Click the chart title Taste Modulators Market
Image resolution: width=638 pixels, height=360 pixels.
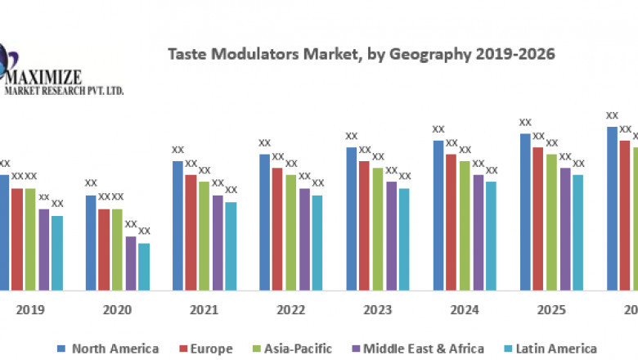[x=361, y=55]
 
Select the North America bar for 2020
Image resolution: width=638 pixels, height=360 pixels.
[x=92, y=242]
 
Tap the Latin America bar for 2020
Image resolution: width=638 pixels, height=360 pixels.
[x=144, y=266]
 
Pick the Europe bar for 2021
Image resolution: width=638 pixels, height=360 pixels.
[x=191, y=232]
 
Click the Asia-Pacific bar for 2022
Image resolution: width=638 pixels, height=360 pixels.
[x=291, y=232]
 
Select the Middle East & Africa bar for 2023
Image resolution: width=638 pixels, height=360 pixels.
[x=391, y=236]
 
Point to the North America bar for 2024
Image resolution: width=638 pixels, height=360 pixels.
[x=438, y=214]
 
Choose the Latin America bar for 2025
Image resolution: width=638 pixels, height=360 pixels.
[x=578, y=232]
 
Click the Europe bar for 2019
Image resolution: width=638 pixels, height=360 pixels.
[x=17, y=239]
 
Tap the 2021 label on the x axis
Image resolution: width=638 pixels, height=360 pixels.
[x=204, y=310]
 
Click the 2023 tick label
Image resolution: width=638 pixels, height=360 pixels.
[x=377, y=310]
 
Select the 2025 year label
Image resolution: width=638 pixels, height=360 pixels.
[x=551, y=310]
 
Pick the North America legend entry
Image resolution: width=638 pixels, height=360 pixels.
[x=108, y=349]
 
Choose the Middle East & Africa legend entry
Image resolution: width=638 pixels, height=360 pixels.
[x=413, y=349]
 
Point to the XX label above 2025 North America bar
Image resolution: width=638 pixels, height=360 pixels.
[x=525, y=123]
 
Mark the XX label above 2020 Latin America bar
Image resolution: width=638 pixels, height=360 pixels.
[x=144, y=232]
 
